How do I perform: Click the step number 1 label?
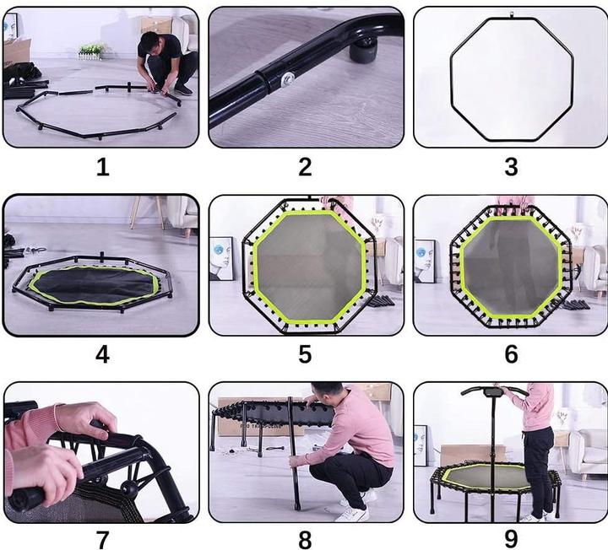103,167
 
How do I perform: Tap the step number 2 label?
305,167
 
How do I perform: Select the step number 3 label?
511,167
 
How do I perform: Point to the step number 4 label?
102,354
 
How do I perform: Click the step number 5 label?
305,354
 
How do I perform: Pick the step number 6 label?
511,354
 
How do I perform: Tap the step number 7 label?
102,540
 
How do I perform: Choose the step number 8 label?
305,540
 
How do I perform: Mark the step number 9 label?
511,540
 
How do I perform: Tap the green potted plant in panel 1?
91,51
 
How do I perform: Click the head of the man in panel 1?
149,43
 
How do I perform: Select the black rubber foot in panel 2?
364,51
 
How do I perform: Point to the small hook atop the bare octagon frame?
512,14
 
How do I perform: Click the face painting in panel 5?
222,258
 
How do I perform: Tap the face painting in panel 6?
425,261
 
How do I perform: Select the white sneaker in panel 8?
353,514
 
